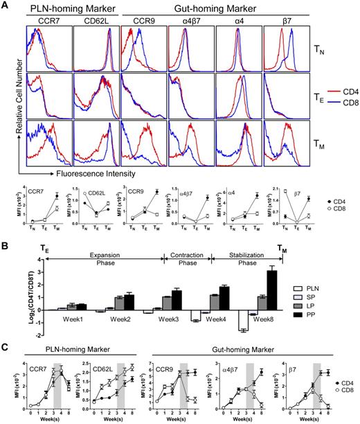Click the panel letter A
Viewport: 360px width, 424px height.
[x=5, y=6]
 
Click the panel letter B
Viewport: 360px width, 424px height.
[x=5, y=241]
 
